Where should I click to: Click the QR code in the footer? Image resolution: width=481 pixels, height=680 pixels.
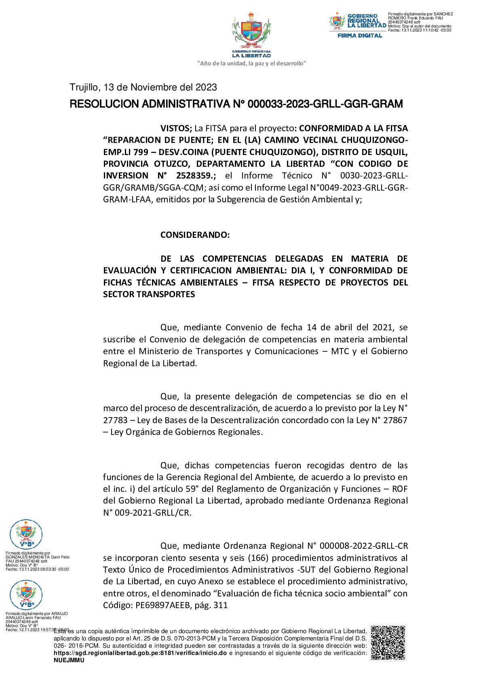pos(388,642)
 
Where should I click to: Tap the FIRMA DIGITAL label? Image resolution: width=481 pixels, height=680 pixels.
pos(360,36)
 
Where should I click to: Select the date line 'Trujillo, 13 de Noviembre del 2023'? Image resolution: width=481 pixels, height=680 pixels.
pos(143,87)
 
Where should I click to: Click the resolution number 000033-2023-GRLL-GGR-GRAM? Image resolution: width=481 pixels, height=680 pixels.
pos(325,104)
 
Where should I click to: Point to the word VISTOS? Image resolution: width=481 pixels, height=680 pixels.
pos(176,128)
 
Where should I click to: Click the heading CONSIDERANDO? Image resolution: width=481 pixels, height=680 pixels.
pos(195,235)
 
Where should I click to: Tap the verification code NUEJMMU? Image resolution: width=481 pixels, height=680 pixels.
pos(69,660)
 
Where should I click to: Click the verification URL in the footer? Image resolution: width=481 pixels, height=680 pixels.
pos(140,653)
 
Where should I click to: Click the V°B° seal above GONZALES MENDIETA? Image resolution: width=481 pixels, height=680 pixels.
pos(26,534)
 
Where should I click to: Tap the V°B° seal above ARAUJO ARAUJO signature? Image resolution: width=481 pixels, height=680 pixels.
pos(26,594)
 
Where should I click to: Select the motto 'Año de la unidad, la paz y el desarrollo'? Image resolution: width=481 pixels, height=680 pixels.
pos(251,63)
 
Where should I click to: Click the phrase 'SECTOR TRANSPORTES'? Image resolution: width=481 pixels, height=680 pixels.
pos(149,294)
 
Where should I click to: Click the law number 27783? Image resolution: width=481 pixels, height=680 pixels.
pos(115,420)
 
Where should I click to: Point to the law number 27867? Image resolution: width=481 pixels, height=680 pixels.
pos(395,420)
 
